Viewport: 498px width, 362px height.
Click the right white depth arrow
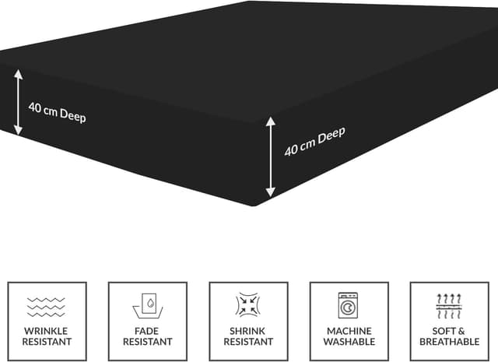pos(270,156)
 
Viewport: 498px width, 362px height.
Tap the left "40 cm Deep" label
pos(57,112)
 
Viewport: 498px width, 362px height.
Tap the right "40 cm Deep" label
pos(314,141)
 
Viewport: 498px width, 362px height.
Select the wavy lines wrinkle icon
pos(47,307)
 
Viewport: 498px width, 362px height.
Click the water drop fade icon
pos(148,306)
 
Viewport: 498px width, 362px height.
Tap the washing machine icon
pos(349,305)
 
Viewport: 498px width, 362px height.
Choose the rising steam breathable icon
pos(449,306)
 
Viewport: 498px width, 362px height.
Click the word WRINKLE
pos(47,330)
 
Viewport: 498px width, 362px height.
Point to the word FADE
pos(148,330)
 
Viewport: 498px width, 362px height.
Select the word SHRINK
pos(248,330)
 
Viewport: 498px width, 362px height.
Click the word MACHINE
pos(349,330)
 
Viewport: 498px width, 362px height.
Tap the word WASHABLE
pos(349,342)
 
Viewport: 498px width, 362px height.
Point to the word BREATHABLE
pos(449,342)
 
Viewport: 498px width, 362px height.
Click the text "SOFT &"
pos(449,330)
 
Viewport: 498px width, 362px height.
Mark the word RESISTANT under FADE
pos(148,342)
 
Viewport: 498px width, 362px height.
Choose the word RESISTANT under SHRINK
pos(248,342)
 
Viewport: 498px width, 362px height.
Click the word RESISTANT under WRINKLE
pos(47,342)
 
